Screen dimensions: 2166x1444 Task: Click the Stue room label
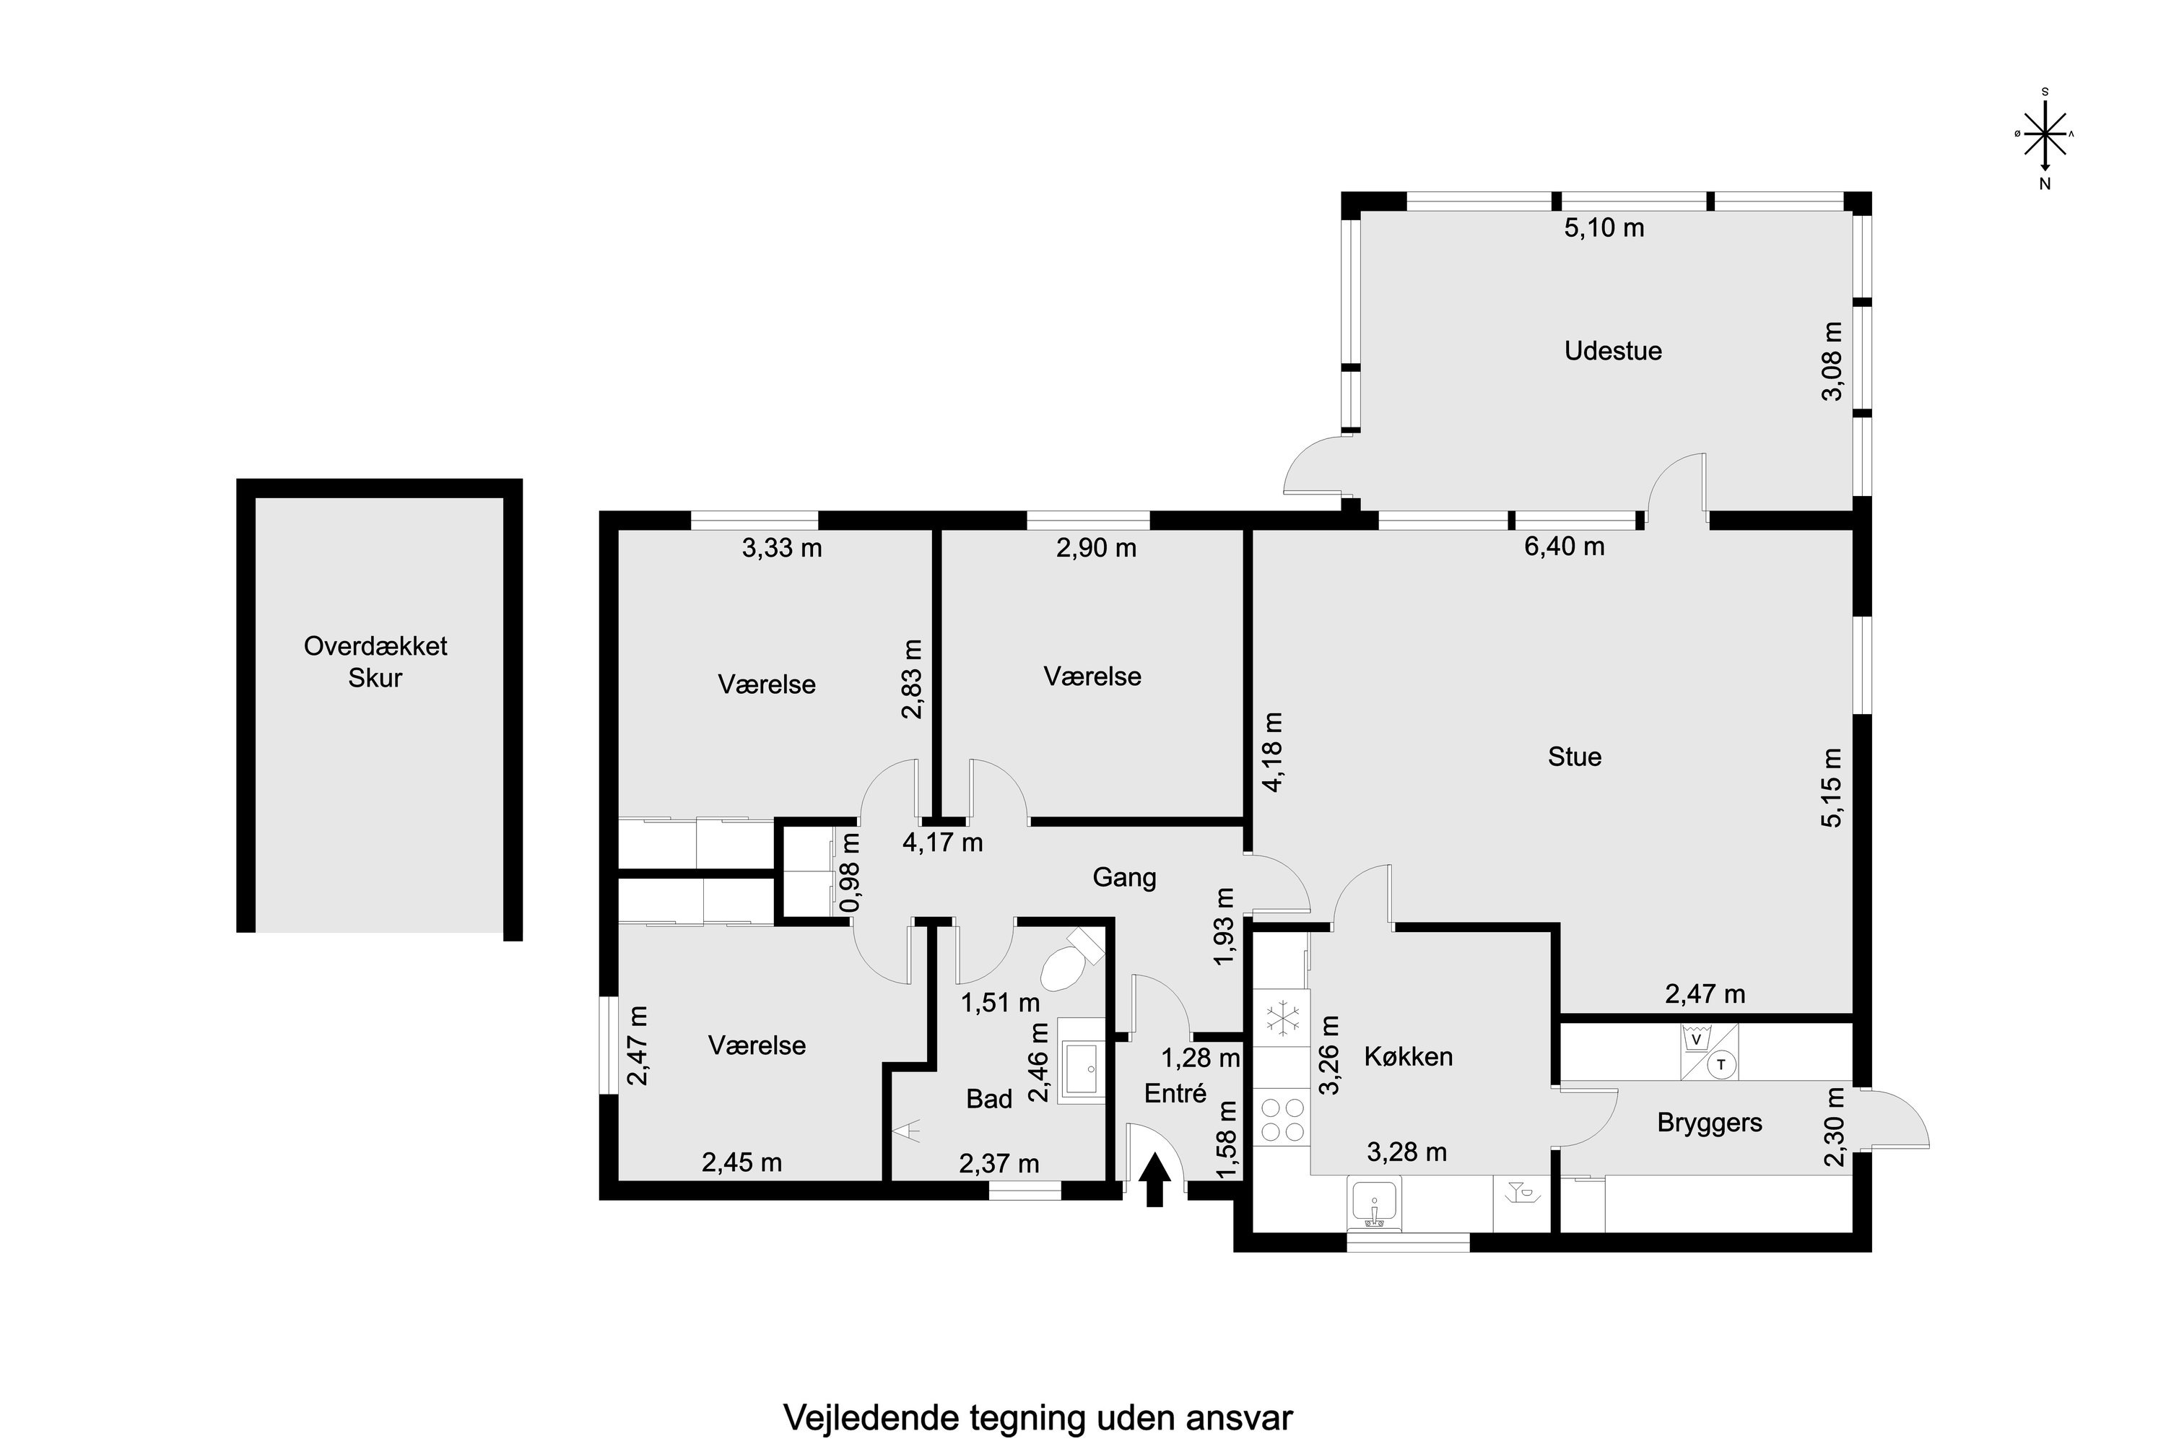(1575, 757)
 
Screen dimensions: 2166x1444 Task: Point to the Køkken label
(1408, 1056)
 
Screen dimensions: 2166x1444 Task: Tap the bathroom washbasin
(1082, 1061)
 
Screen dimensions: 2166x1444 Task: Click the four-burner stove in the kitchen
(1282, 1120)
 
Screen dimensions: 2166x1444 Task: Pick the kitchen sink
(1374, 1203)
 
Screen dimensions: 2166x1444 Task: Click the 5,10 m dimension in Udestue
(1604, 227)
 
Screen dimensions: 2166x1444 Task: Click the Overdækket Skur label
(375, 662)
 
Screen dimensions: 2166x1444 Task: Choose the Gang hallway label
(1124, 878)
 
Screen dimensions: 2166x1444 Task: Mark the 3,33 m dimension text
(782, 549)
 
